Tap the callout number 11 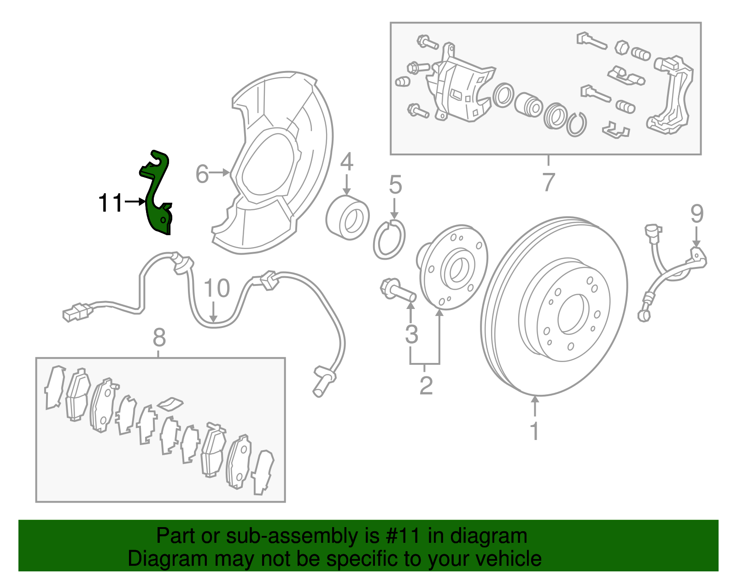click(111, 203)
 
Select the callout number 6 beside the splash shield click(202, 174)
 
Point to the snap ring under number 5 click(389, 239)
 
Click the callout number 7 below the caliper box click(548, 182)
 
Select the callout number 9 click(697, 214)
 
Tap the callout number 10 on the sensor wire click(216, 288)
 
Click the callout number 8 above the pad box click(159, 338)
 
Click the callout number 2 click(426, 386)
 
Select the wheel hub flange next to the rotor click(454, 267)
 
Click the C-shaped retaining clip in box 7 click(577, 124)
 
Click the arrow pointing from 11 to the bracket click(135, 202)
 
